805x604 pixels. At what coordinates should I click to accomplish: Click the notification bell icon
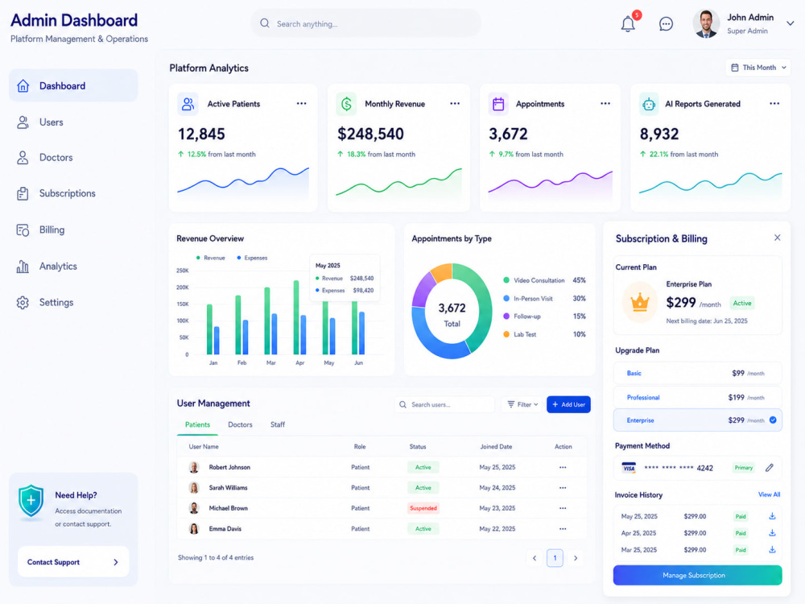point(628,24)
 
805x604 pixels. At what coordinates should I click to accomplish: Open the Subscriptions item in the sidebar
point(68,193)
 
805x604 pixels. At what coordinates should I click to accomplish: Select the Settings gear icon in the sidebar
point(23,303)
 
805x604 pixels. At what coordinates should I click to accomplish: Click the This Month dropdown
point(758,68)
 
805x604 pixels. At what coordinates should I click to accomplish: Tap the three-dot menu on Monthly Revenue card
point(455,104)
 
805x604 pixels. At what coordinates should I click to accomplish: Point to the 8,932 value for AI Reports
point(659,134)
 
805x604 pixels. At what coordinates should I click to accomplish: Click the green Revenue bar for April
point(296,317)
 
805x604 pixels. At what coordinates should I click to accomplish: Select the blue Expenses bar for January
point(217,341)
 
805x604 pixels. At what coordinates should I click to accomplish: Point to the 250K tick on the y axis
point(182,271)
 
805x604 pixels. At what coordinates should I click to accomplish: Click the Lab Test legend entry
point(524,334)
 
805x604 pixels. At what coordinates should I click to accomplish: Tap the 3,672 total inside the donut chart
point(452,308)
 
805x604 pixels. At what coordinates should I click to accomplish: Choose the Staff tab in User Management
point(277,424)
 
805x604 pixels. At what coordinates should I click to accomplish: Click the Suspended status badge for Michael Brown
point(423,508)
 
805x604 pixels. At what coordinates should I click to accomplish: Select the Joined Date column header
point(496,447)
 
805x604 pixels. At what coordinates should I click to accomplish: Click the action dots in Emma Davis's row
point(563,529)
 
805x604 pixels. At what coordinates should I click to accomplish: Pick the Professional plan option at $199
point(697,398)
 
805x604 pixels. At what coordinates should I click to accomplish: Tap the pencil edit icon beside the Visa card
point(769,468)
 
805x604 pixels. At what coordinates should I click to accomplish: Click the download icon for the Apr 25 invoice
point(772,533)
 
